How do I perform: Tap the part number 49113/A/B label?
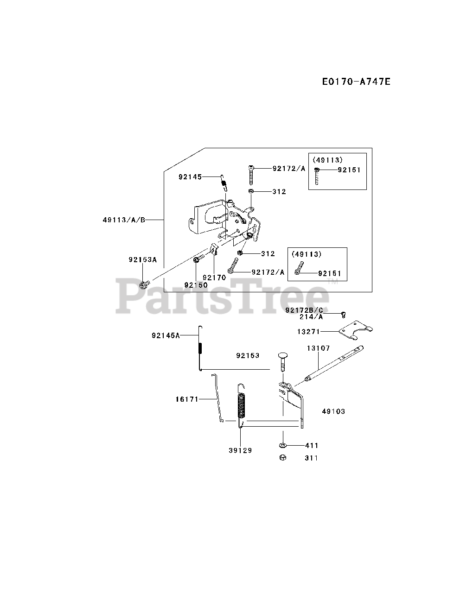[x=124, y=220]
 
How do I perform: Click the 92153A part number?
[x=143, y=260]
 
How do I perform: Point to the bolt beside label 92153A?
[x=144, y=282]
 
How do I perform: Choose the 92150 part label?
[x=196, y=285]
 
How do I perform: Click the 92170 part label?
[x=214, y=278]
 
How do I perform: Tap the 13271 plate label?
[x=308, y=331]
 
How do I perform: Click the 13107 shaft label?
[x=318, y=348]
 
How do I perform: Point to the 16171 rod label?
[x=187, y=398]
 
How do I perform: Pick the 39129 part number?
[x=240, y=450]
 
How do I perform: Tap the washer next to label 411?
[x=282, y=445]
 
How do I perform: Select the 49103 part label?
[x=333, y=411]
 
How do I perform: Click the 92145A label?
[x=166, y=335]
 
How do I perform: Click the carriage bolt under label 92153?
[x=282, y=360]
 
